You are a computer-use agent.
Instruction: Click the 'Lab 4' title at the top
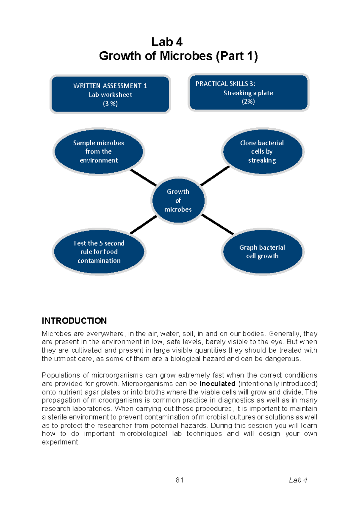click(x=167, y=42)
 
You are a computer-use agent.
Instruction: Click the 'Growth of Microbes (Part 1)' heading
click(x=178, y=56)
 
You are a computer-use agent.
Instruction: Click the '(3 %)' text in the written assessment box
click(x=110, y=104)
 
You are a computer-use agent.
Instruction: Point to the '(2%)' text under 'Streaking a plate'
click(x=248, y=102)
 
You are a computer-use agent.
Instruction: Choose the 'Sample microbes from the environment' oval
click(x=99, y=151)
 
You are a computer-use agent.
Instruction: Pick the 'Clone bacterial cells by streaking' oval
click(x=262, y=151)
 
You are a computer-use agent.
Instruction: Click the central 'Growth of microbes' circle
click(x=178, y=200)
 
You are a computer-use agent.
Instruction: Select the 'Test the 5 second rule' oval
click(x=99, y=252)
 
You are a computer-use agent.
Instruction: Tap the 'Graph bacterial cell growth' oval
click(x=262, y=252)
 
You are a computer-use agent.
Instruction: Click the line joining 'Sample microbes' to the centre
click(x=143, y=178)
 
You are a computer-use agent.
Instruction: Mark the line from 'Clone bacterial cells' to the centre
click(x=215, y=176)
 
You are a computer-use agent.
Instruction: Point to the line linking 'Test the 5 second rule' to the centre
click(x=143, y=224)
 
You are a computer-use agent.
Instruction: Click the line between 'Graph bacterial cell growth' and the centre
click(x=217, y=224)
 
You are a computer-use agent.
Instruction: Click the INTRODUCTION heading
click(x=74, y=321)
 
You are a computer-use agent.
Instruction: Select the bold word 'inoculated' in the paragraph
click(x=217, y=383)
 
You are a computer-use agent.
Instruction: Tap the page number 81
click(x=180, y=480)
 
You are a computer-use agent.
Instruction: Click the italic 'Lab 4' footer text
click(x=298, y=480)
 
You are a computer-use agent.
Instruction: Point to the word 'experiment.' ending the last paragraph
click(x=61, y=442)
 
